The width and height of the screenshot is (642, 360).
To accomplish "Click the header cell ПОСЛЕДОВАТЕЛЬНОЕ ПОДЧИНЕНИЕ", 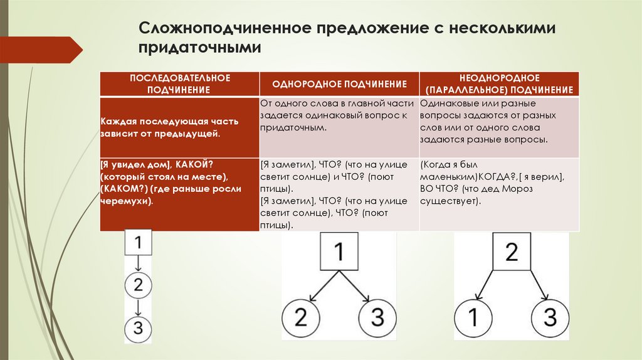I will (x=180, y=83).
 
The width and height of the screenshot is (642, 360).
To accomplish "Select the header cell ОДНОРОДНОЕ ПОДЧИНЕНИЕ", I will (x=339, y=83).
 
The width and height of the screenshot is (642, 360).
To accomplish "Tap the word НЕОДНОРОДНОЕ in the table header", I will (x=499, y=77).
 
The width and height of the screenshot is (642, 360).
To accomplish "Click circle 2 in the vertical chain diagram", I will (x=139, y=286).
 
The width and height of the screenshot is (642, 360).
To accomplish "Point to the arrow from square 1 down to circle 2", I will (x=139, y=263).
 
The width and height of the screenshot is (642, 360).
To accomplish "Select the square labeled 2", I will (x=511, y=253).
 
